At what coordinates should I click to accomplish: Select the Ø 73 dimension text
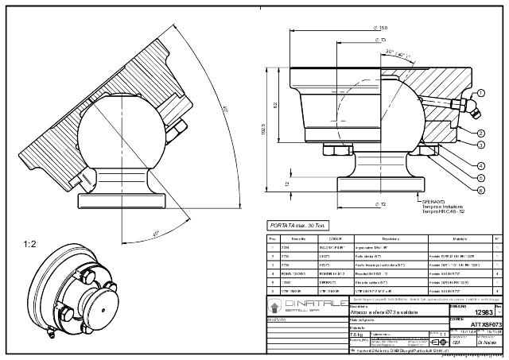(381, 40)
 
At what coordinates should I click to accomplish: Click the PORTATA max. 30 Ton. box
(298, 226)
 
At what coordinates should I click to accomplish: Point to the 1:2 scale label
(29, 244)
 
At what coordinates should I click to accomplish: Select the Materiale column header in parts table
(460, 239)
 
